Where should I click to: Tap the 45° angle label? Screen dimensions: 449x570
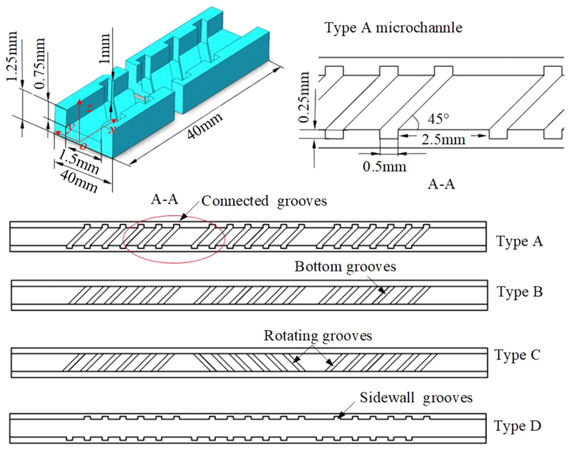coord(430,120)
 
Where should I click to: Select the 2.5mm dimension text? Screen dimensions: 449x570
coord(437,139)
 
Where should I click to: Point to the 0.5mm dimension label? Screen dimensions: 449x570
coord(385,167)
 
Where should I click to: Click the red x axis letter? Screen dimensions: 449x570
coord(112,129)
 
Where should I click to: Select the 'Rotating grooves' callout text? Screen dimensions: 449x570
coord(318,336)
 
